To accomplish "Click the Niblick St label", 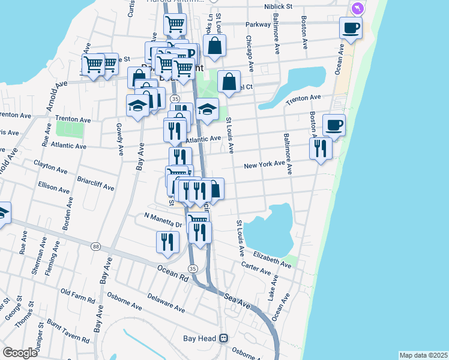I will tap(277, 6).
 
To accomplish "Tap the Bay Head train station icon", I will tap(224, 338).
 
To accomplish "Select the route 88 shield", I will tap(96, 246).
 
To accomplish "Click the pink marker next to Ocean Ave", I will tap(357, 8).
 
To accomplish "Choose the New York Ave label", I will tap(264, 165).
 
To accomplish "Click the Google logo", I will tap(20, 352).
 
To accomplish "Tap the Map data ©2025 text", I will tap(423, 355).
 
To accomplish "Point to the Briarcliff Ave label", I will tap(95, 183).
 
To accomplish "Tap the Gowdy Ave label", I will tap(119, 138).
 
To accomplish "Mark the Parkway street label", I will tap(258, 25).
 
